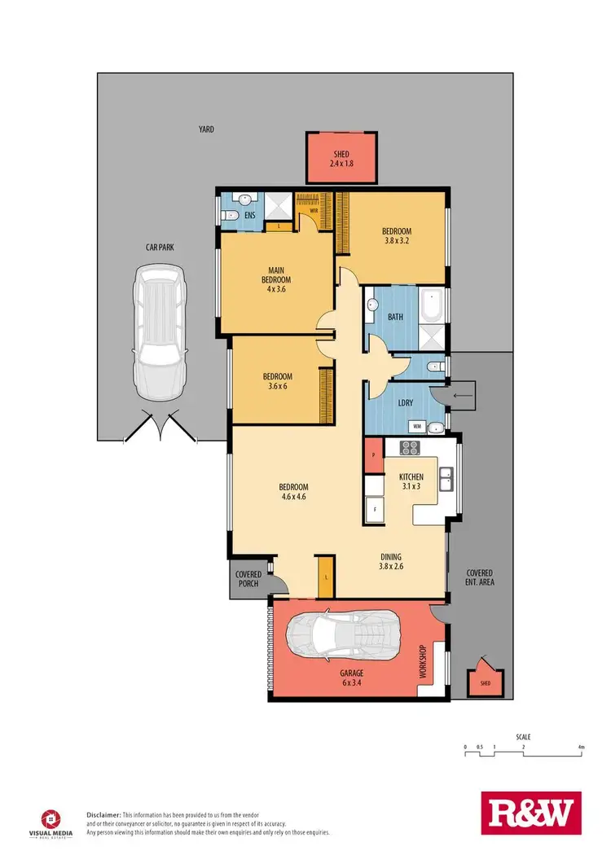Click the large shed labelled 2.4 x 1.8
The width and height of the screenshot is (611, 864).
pyautogui.click(x=341, y=158)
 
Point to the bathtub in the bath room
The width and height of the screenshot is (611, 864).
pyautogui.click(x=431, y=305)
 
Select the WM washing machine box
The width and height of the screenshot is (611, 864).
pyautogui.click(x=417, y=426)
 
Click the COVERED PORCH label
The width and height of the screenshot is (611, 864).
pyautogui.click(x=248, y=579)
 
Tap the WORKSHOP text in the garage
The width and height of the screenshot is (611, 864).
pyautogui.click(x=422, y=662)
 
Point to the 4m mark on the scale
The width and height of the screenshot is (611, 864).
pyautogui.click(x=581, y=746)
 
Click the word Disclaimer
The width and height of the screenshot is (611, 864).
pyautogui.click(x=103, y=814)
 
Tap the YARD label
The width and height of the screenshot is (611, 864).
pyautogui.click(x=206, y=129)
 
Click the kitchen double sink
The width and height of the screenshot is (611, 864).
pyautogui.click(x=446, y=478)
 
